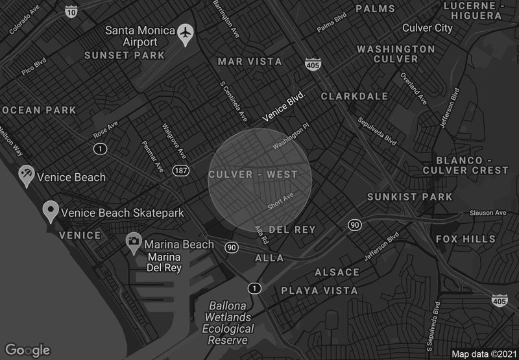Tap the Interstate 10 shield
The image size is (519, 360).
point(71,11)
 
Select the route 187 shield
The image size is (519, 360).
point(180,170)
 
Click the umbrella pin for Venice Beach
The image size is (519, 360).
point(26,176)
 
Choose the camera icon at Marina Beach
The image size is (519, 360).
point(134,243)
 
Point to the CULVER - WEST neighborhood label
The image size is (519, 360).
point(253,174)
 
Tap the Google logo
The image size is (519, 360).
point(27,350)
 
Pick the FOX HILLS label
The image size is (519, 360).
point(465,239)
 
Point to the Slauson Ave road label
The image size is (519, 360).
point(491,213)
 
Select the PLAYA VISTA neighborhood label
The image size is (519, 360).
point(319,291)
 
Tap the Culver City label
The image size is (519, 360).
point(428,28)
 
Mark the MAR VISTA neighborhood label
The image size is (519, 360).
point(250,62)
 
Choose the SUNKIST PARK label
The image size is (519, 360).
point(400,197)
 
